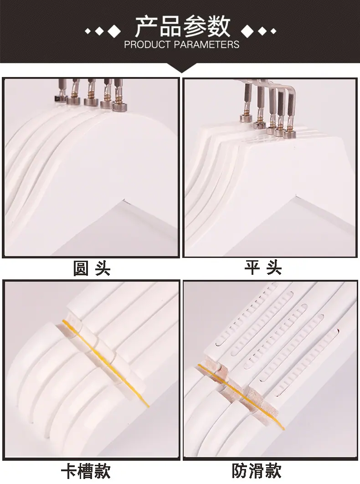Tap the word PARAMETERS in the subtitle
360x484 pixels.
206,45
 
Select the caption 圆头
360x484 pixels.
92,268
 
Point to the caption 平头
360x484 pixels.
263,268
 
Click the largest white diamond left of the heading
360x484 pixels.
115,31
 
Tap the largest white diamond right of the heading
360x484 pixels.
247,31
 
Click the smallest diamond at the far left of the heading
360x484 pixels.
87,31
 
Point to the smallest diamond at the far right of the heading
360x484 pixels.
273,31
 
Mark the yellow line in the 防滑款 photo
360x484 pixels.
241,397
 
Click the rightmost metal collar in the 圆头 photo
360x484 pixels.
119,107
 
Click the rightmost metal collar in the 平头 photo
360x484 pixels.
290,134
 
